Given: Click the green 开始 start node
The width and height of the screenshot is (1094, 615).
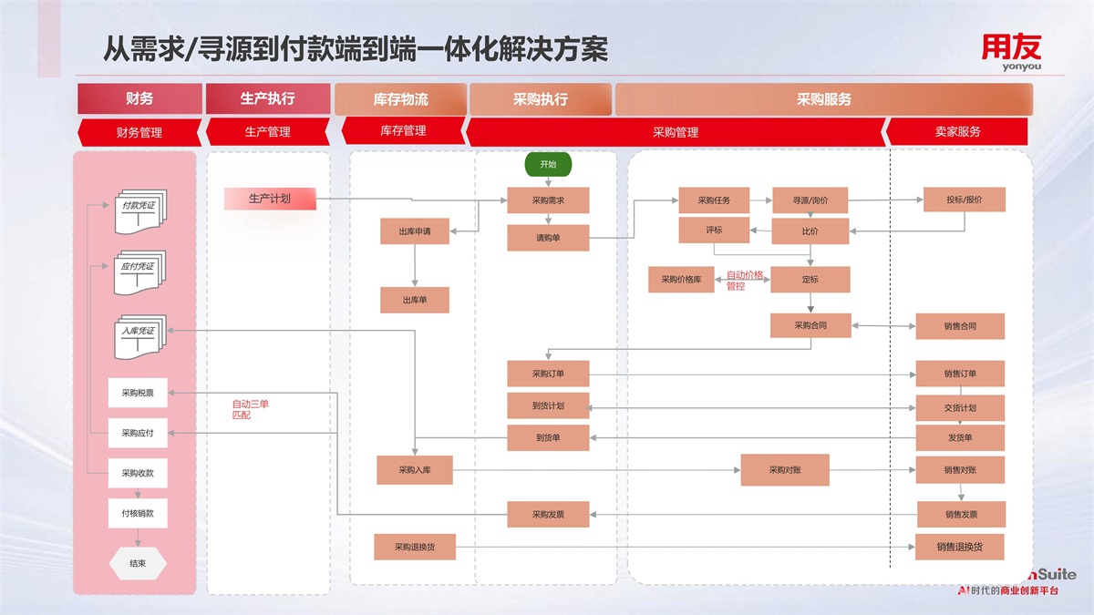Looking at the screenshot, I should point(547,165).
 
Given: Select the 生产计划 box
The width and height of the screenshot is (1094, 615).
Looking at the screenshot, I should point(270,199).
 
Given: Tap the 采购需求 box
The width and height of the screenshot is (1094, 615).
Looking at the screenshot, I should point(548,200).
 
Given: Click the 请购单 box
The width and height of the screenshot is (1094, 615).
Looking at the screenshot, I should point(548,238).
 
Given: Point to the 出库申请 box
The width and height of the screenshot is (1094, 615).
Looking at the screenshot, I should point(415,231).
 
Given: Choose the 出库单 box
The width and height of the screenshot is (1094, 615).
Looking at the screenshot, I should point(415,300).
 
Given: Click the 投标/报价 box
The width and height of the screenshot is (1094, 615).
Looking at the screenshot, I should point(965,200).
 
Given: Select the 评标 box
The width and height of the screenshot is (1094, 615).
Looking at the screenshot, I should point(714,231).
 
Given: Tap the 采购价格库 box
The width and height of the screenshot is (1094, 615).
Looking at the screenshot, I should point(681,280).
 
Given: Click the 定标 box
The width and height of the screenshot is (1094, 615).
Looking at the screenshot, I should point(810,280).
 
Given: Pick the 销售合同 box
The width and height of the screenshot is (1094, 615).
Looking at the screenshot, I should point(960,326).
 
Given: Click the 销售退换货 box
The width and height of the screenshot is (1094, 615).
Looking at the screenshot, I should point(960,547).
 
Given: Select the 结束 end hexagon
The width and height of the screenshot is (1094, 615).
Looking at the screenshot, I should point(138,563).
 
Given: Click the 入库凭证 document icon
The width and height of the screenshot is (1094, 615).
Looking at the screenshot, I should point(139,333).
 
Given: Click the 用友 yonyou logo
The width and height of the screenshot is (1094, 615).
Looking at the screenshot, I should point(1011,50).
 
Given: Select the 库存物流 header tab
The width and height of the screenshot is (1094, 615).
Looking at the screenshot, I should point(400,99).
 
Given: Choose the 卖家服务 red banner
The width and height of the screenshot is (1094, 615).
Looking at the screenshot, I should point(957,132).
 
